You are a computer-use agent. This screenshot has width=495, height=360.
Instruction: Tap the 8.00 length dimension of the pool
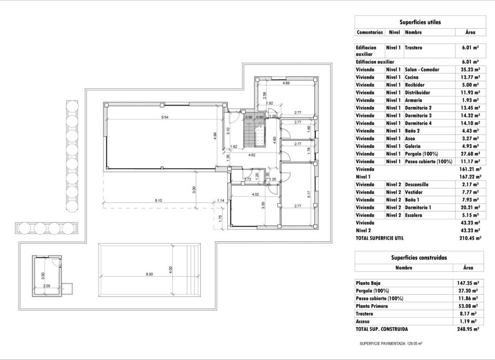click(x=149, y=274)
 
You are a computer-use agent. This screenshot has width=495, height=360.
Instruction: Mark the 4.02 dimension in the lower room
click(x=255, y=195)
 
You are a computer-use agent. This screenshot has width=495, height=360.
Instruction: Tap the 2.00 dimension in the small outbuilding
click(x=46, y=285)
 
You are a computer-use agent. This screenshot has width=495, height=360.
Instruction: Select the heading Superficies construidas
click(x=418, y=257)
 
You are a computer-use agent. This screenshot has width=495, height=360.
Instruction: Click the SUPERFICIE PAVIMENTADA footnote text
click(x=390, y=343)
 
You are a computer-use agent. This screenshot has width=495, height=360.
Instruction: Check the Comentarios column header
click(x=370, y=33)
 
